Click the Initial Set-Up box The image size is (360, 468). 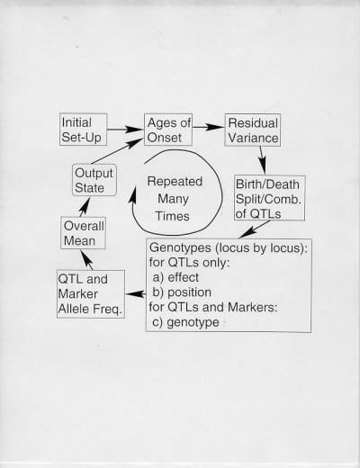[84, 130]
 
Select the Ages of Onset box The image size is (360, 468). [168, 130]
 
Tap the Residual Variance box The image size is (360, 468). [253, 130]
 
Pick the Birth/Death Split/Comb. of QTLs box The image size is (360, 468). [270, 198]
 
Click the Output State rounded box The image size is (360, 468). [94, 180]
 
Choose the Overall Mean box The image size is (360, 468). [83, 233]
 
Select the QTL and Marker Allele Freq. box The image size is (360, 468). [91, 294]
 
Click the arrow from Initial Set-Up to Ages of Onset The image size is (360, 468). [125, 130]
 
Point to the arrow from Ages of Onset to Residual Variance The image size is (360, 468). [209, 127]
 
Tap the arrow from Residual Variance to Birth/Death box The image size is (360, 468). [263, 160]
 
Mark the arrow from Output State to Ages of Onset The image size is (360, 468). [117, 151]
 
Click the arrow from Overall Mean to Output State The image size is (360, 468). [85, 207]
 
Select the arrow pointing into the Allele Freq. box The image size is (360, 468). [136, 294]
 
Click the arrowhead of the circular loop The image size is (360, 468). [132, 195]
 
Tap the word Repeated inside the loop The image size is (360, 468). [175, 182]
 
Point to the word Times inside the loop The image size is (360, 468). [172, 216]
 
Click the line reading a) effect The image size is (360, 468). [175, 277]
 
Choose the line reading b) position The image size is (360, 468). [182, 292]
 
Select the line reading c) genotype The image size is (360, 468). [185, 322]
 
